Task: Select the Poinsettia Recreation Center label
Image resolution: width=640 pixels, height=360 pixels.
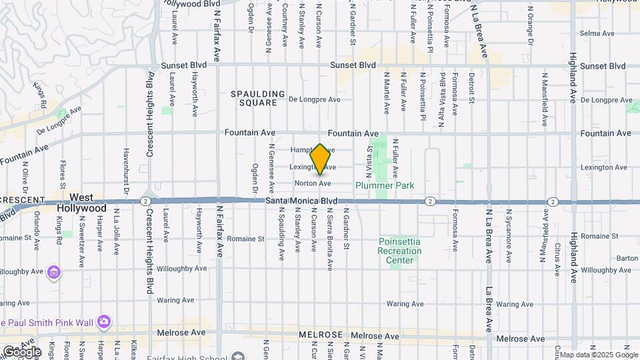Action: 400,251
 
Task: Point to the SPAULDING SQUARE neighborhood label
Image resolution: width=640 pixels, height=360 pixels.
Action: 258,98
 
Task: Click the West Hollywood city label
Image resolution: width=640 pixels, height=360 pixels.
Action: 91,203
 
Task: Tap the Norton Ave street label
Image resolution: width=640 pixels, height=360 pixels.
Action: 313,183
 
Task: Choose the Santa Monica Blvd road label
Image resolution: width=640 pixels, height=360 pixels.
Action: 301,201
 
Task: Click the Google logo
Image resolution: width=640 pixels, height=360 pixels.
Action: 21,351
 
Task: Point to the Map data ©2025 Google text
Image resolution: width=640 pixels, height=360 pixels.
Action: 599,355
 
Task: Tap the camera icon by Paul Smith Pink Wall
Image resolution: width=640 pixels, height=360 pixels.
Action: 103,323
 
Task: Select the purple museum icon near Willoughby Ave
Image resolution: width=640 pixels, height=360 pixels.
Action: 54,272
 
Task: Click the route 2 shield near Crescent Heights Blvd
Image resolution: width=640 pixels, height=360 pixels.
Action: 145,201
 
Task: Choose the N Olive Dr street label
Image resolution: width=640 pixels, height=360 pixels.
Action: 25,176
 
